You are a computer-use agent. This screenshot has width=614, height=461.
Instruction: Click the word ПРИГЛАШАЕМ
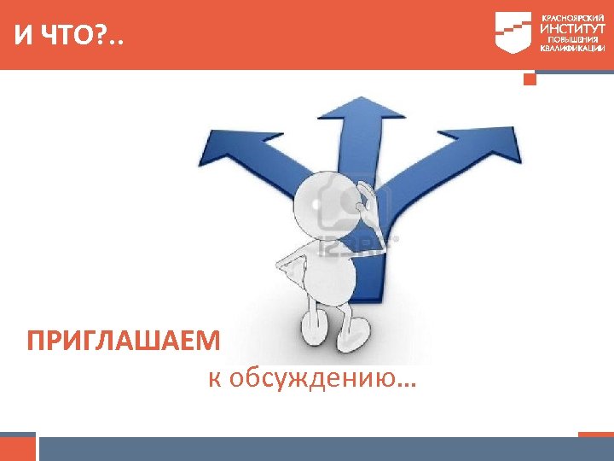[x=124, y=342]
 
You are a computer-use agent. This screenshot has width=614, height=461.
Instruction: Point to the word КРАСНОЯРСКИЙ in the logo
[x=572, y=17]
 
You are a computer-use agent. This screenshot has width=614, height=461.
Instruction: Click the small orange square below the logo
[x=530, y=79]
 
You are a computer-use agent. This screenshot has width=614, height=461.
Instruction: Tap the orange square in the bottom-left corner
[x=18, y=447]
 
